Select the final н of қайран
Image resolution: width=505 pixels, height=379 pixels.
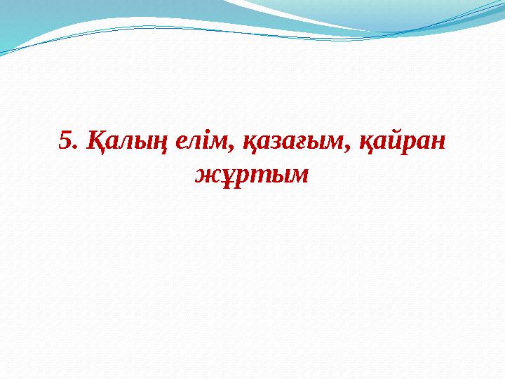tap(437, 144)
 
